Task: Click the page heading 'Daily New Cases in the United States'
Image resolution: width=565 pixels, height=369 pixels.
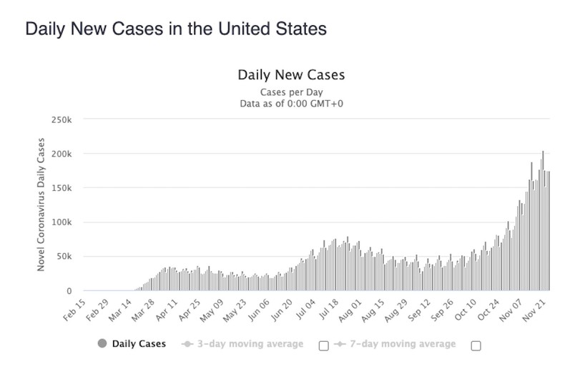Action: (176, 29)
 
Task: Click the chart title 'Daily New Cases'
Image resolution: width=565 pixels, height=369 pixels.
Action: (290, 74)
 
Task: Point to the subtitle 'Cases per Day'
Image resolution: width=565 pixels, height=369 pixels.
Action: (290, 92)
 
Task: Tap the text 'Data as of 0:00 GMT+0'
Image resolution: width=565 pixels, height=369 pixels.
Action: (290, 104)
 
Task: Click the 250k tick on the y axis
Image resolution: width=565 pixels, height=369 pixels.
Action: (63, 119)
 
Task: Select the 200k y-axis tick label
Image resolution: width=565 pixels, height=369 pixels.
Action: (63, 154)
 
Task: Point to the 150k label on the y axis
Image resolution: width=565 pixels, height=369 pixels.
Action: (63, 188)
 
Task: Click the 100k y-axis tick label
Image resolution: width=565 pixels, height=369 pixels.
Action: (63, 222)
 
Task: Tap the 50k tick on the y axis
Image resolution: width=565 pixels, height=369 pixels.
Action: (65, 257)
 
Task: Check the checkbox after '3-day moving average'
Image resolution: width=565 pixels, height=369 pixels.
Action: (323, 345)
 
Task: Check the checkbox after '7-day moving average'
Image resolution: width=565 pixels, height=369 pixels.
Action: (476, 345)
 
